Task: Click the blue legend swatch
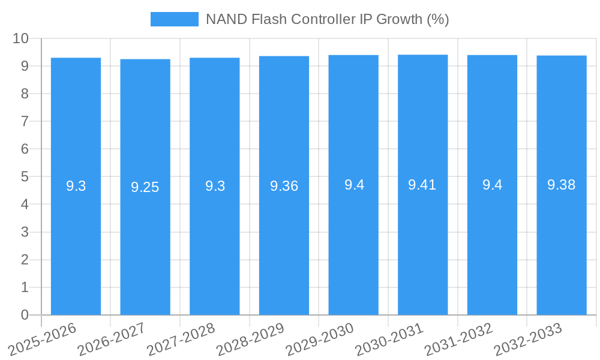point(174,19)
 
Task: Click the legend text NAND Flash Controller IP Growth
point(327,19)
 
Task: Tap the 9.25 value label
point(145,187)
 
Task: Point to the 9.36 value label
point(284,186)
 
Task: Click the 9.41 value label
point(422,185)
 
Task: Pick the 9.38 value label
point(561,185)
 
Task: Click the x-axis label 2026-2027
point(111,339)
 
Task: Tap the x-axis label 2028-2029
point(250,339)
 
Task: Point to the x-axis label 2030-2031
point(388,339)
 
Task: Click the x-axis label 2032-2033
point(527,339)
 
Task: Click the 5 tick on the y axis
point(25,177)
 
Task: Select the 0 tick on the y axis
point(25,315)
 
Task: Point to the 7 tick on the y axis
point(25,121)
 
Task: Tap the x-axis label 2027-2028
point(180,339)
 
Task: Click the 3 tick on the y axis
point(25,232)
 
